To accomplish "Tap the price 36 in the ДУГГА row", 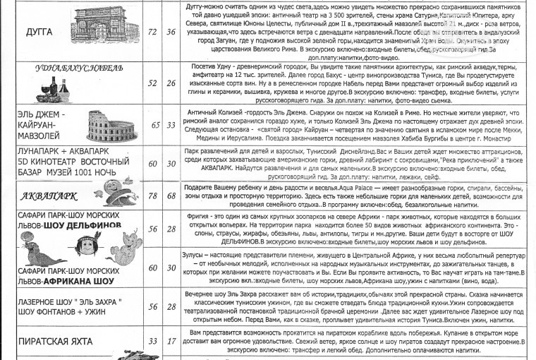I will pos(171,32).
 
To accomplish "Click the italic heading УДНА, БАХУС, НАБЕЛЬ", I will pos(79,68).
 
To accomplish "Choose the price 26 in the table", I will pos(171,83).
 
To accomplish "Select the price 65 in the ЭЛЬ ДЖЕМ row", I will pos(155,126).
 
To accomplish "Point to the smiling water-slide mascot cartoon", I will pos(114,192).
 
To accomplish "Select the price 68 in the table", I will pos(171,196).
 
